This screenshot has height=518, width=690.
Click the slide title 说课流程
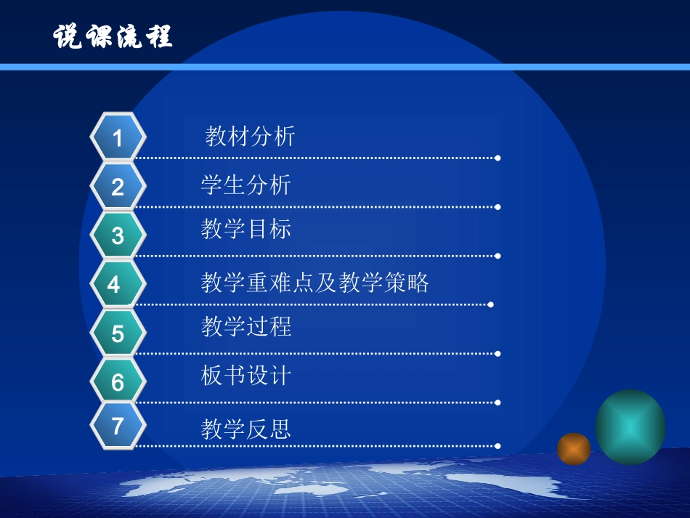coord(113,36)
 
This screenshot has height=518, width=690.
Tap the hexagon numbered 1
coord(118,137)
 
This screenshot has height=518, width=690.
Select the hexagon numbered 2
coord(118,187)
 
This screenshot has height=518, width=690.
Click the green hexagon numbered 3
coord(118,235)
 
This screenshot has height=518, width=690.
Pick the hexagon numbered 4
coord(115,284)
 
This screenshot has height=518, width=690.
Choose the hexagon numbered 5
coord(118,333)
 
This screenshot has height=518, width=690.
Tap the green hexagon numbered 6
coord(118,382)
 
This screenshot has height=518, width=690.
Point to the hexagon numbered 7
coord(118,426)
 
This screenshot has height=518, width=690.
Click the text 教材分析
coord(251,136)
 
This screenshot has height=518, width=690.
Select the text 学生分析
coord(246,185)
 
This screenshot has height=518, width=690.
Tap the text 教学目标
coord(246,229)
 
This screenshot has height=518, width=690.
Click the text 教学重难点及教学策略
coord(315,282)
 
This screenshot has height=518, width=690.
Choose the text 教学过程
coord(246,326)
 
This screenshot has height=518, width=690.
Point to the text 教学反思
coord(246,429)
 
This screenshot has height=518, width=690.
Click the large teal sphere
coord(630,427)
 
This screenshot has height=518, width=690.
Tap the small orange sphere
coord(574,449)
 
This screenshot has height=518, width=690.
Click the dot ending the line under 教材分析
coord(498,158)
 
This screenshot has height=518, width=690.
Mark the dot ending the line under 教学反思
coord(498,446)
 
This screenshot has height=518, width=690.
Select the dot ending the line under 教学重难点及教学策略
coord(492,304)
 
